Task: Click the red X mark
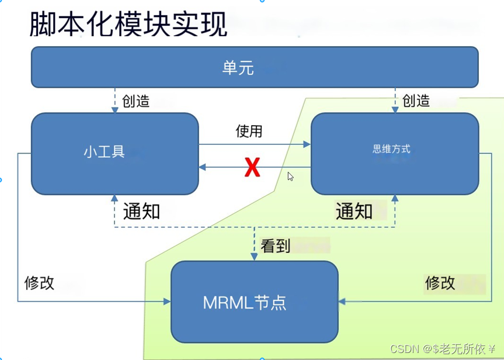click(252, 168)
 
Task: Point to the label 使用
click(249, 131)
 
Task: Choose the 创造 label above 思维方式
click(416, 101)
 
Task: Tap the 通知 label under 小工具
click(141, 211)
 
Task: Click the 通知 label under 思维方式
click(354, 211)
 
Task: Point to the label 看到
click(276, 246)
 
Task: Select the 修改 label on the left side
click(40, 283)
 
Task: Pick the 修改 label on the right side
click(440, 283)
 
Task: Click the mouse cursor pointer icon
click(290, 176)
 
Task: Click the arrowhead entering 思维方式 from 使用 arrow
click(307, 145)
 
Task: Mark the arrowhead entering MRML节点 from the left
click(167, 302)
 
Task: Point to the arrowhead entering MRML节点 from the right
click(342, 302)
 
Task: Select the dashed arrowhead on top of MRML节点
click(254, 258)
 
